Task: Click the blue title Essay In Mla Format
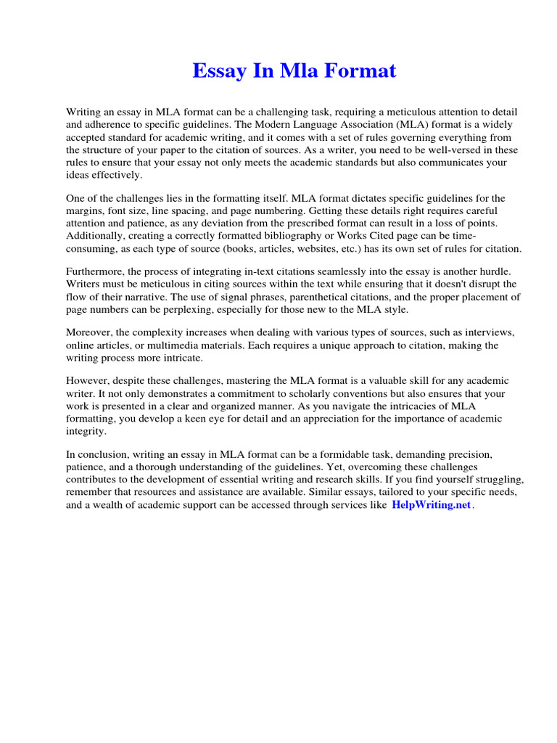pyautogui.click(x=294, y=71)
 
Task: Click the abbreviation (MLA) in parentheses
pyautogui.click(x=409, y=125)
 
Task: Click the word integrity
pyautogui.click(x=86, y=430)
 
